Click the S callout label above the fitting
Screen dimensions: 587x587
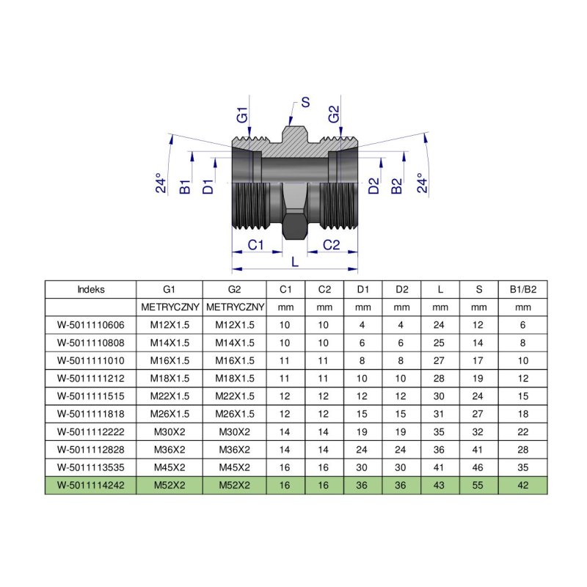coord(305,102)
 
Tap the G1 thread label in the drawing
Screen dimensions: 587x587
coord(243,115)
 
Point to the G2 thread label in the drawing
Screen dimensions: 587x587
coord(334,114)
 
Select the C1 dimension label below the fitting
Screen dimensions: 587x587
coord(255,245)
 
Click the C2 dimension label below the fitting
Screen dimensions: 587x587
coord(332,245)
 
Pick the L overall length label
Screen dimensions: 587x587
coord(295,262)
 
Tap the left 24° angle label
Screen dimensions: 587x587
coord(161,183)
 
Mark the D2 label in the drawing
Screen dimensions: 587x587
coord(373,186)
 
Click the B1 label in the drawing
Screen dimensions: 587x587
coord(185,187)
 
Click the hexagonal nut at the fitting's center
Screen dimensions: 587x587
coord(295,226)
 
